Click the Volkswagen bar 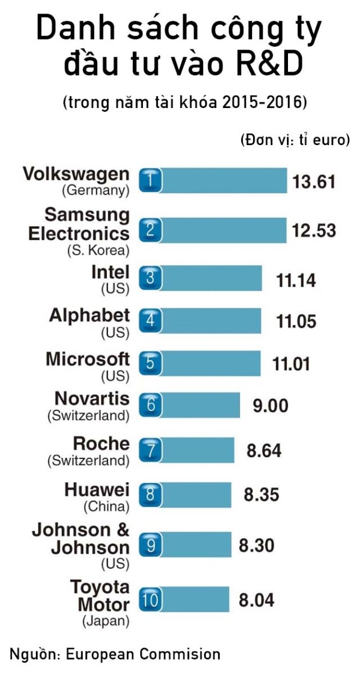(213, 181)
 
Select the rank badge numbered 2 (150, 231)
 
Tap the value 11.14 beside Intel (296, 280)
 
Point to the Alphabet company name (89, 316)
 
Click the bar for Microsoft (200, 363)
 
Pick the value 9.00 (270, 406)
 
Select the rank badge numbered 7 (150, 450)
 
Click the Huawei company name (97, 489)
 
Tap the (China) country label (106, 507)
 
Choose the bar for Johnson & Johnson (185, 544)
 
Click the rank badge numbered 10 (150, 600)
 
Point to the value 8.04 (256, 600)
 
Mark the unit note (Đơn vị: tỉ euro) (295, 140)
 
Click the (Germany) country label (96, 191)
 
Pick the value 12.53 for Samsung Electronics (314, 231)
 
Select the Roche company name (101, 444)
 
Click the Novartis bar (190, 405)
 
